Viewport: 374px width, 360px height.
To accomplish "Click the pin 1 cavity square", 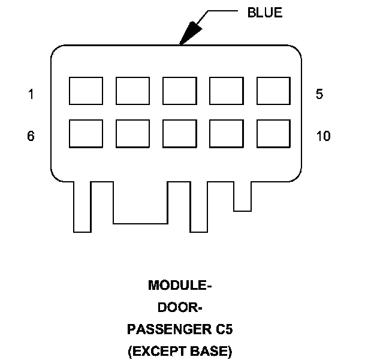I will (86, 91).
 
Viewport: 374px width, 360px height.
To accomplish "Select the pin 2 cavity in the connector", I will (132, 91).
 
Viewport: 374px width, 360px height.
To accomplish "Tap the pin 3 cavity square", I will (179, 91).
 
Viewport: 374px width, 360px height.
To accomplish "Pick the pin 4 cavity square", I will (226, 91).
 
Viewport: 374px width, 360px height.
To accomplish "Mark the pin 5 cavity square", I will (273, 91).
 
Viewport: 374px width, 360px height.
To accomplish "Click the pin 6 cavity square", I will (86, 133).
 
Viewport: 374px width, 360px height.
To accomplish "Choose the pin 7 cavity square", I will (132, 133).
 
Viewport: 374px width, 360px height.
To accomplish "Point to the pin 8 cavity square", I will (179, 133).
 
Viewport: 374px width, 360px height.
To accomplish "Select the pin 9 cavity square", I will (226, 133).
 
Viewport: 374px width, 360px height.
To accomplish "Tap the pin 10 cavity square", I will (273, 133).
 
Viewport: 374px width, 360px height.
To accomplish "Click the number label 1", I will (31, 94).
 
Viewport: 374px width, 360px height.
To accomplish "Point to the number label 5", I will (319, 94).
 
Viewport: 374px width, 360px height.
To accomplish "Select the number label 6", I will (31, 136).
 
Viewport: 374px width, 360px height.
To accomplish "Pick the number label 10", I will (323, 136).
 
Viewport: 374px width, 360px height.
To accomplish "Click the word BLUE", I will (264, 13).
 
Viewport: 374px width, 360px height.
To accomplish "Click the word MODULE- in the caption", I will (180, 286).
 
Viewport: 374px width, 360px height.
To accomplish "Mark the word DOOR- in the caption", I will (180, 307).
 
